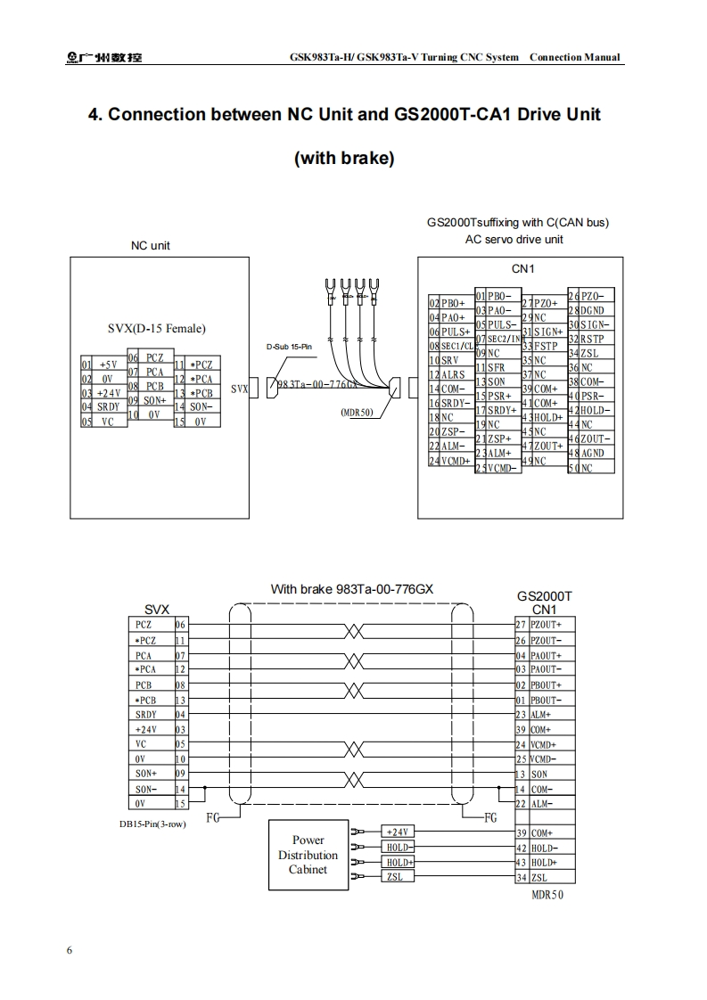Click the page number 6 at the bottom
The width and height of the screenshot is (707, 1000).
pos(70,949)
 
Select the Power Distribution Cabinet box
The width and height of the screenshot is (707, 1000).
pos(308,856)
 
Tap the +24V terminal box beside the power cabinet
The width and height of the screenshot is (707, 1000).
pos(397,832)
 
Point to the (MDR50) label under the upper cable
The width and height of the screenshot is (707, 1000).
pos(357,413)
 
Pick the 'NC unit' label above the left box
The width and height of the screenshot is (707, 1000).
pos(150,245)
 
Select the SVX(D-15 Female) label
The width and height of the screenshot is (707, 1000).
pos(156,329)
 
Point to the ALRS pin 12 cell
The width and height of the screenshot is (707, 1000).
pos(450,374)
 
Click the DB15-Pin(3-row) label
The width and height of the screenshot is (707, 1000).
pos(153,824)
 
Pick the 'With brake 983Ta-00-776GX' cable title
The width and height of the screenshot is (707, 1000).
pos(352,589)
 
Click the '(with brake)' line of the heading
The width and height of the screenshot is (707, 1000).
pos(344,159)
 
